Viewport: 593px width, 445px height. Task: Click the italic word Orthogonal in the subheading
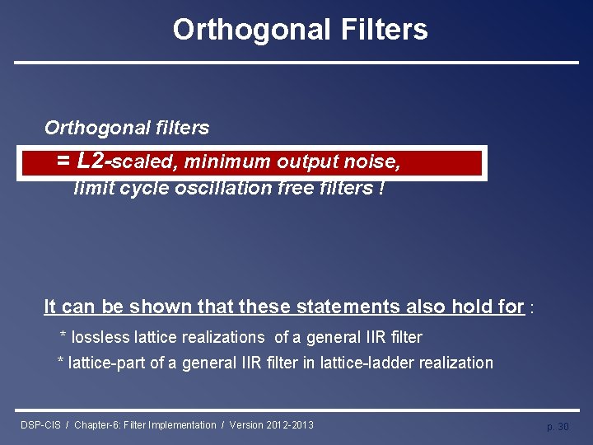coord(91,128)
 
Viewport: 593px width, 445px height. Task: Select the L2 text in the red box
coord(91,161)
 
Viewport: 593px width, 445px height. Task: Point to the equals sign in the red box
coord(63,162)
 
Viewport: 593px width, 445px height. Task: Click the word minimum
coord(232,162)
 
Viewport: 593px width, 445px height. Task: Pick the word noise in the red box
coord(375,162)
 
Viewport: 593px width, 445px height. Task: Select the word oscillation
coord(217,188)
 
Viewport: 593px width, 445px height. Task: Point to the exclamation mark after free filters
coord(381,188)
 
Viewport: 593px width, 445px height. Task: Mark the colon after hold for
coord(533,309)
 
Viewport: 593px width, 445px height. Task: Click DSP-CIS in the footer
coord(40,425)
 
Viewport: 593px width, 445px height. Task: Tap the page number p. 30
coord(558,426)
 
